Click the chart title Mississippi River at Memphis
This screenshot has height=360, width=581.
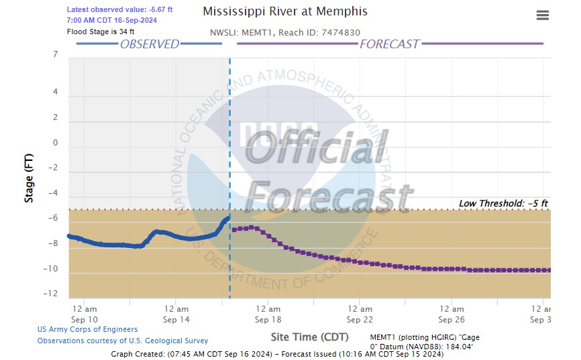284,12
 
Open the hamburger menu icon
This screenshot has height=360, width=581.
543,15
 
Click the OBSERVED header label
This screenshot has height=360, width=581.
149,44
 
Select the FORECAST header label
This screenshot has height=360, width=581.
389,44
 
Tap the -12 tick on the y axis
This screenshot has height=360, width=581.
52,294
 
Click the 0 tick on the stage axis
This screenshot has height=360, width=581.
55,143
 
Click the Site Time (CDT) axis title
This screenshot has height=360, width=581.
310,337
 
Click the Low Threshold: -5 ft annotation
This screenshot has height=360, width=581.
503,203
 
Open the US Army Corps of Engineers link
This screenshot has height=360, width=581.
87,329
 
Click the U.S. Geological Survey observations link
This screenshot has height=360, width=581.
122,341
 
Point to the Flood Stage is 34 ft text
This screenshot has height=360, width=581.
101,32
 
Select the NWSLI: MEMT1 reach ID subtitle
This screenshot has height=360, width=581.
286,32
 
